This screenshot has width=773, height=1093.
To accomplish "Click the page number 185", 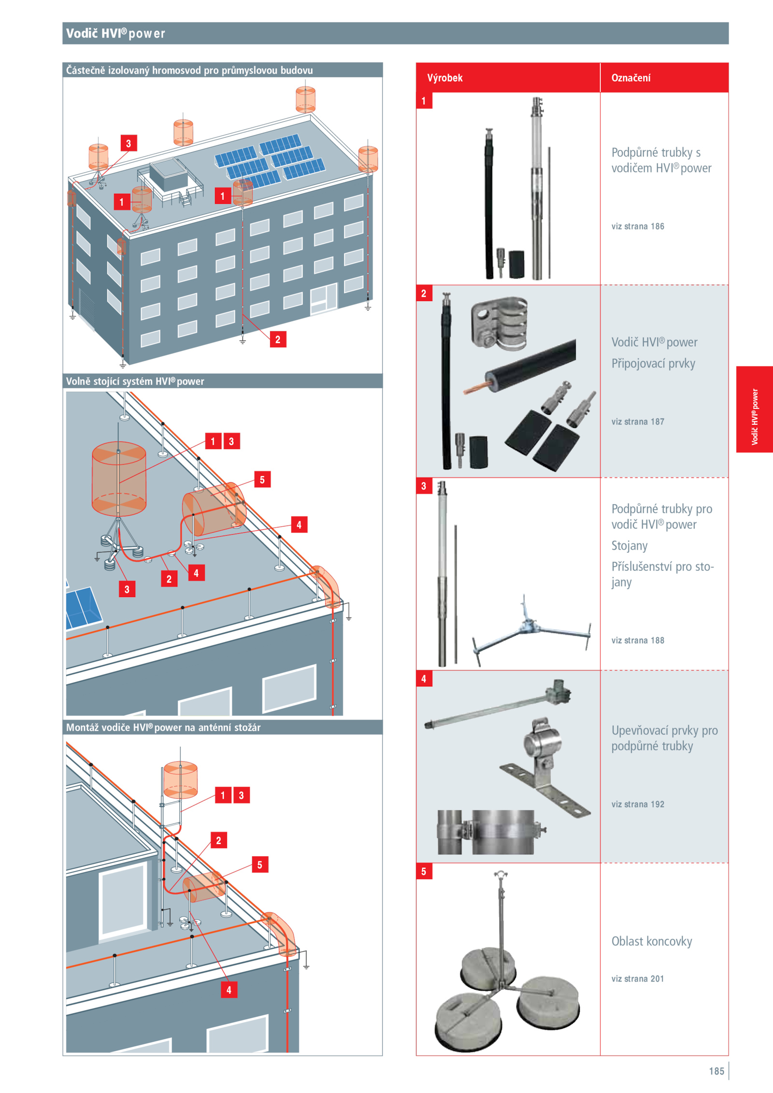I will (x=716, y=1071).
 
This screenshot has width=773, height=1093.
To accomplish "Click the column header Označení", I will (x=630, y=78).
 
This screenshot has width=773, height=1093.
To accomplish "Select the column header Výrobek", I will (x=444, y=78).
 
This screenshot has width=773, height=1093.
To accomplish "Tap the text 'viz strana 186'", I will (x=637, y=226).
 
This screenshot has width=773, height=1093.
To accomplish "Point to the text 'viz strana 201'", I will (x=637, y=979).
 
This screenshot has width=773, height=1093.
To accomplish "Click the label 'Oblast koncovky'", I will (x=651, y=941).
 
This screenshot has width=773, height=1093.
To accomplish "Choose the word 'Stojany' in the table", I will (x=629, y=545).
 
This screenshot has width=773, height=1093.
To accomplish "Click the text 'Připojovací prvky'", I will (x=653, y=363).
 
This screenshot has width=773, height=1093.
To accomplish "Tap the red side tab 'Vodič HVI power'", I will (x=754, y=416).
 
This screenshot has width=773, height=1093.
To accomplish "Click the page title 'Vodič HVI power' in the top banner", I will (x=115, y=33).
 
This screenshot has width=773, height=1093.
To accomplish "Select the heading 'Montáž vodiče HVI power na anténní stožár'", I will (x=163, y=727).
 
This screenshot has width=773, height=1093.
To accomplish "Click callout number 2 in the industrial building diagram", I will (x=278, y=339).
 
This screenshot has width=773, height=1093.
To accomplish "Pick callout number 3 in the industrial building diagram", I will (x=129, y=143).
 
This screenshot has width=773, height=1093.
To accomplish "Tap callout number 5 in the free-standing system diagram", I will (x=262, y=480).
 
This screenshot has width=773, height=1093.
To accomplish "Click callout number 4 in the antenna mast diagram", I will (x=229, y=990).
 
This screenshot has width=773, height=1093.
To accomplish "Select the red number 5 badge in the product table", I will (x=424, y=871).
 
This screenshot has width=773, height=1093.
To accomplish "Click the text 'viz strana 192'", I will (x=637, y=804).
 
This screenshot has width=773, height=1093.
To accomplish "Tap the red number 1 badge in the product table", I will (x=424, y=101).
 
